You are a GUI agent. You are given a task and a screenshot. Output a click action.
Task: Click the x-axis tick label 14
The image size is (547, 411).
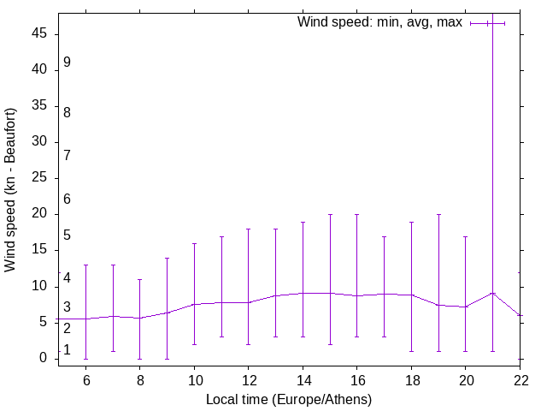click(x=303, y=379)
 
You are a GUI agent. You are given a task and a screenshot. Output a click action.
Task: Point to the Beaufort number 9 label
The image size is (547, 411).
click(x=67, y=63)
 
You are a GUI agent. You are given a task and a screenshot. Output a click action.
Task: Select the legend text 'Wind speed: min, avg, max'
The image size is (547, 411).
click(x=379, y=22)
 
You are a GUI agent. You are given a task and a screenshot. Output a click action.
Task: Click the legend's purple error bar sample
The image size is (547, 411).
click(x=487, y=23)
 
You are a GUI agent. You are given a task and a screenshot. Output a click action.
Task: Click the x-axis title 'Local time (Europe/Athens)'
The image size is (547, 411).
click(x=289, y=399)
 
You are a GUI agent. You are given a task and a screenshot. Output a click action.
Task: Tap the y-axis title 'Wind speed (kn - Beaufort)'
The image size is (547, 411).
click(x=10, y=190)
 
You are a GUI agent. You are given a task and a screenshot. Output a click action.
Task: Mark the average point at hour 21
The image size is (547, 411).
click(x=492, y=293)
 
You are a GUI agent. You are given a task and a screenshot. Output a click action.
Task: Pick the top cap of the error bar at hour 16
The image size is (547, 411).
click(x=356, y=214)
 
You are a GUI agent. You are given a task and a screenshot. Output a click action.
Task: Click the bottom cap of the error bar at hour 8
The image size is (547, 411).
click(x=139, y=359)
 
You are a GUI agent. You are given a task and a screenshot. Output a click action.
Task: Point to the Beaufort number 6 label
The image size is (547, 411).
click(x=67, y=199)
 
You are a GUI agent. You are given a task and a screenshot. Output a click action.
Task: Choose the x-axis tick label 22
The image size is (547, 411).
click(x=520, y=379)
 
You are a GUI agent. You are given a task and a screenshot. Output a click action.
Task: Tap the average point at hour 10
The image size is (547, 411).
click(x=194, y=304)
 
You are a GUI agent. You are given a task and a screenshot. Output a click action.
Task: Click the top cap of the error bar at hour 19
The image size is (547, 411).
click(x=438, y=214)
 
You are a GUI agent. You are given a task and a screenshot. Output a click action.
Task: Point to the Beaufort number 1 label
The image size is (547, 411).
click(x=67, y=350)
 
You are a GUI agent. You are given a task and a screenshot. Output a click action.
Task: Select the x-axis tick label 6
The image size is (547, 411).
click(x=85, y=379)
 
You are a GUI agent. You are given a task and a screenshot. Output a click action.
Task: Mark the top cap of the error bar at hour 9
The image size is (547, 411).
click(x=167, y=258)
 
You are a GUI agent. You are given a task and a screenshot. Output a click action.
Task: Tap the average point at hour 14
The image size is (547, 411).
click(x=303, y=293)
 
